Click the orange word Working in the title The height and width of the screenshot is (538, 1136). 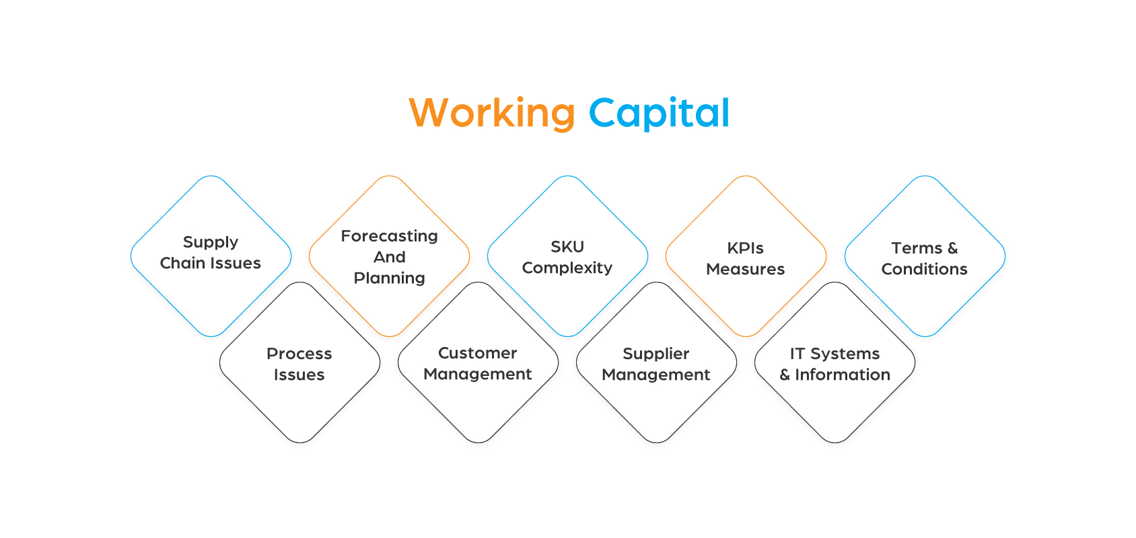(492, 113)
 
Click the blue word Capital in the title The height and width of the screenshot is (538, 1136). (659, 113)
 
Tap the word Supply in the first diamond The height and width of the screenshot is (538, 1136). (211, 242)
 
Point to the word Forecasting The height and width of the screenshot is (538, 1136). (389, 236)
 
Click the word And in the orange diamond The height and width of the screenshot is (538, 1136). (389, 257)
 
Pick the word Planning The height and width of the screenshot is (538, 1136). (389, 278)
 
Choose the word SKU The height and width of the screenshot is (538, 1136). (567, 247)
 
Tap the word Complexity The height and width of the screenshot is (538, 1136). (567, 268)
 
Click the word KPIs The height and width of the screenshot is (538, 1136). (745, 248)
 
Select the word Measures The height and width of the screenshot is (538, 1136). (745, 269)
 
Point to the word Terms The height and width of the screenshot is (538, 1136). (916, 248)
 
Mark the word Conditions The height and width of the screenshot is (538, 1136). (924, 269)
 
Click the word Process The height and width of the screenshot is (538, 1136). (299, 354)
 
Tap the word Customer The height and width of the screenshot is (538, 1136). (477, 353)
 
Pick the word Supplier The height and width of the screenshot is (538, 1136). (656, 354)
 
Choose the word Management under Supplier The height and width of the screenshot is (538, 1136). (656, 375)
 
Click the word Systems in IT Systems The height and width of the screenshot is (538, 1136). (845, 354)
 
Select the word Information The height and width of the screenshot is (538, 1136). (843, 375)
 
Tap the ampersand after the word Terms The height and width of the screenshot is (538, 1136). (952, 248)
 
